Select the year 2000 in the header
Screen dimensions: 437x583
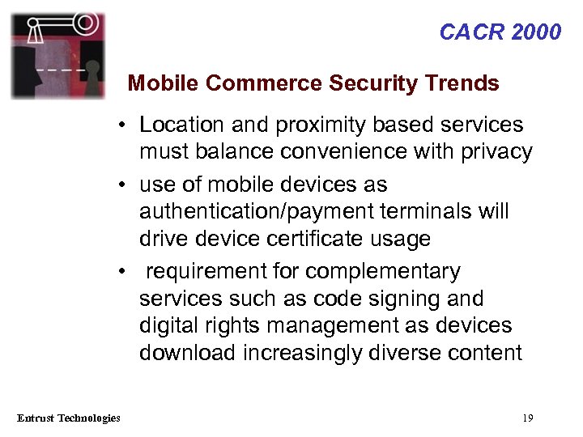pyautogui.click(x=534, y=32)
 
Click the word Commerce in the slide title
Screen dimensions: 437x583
pyautogui.click(x=255, y=83)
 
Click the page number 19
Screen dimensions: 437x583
pyautogui.click(x=528, y=418)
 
